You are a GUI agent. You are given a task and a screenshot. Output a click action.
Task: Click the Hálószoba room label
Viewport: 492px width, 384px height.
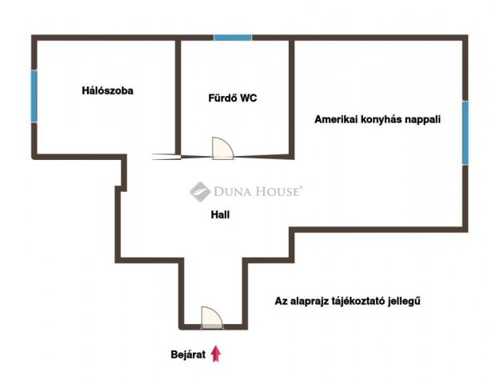(x=108, y=91)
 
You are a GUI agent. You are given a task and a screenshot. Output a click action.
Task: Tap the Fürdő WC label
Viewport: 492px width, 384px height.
(x=233, y=98)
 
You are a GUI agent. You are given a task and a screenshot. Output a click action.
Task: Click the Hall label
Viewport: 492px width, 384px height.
(x=220, y=214)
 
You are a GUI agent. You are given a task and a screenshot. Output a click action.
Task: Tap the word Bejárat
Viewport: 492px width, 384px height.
(x=188, y=354)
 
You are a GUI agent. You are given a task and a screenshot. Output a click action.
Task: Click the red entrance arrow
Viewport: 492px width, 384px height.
(x=216, y=354)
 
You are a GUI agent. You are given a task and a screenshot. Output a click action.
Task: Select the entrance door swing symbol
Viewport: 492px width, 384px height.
(x=212, y=318)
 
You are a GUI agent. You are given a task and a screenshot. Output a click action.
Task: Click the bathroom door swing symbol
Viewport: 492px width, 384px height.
(x=222, y=148)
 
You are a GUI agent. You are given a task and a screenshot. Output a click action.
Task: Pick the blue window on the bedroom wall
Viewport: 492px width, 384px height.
(x=34, y=96)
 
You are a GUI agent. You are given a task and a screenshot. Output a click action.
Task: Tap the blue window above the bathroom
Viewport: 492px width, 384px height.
(x=233, y=38)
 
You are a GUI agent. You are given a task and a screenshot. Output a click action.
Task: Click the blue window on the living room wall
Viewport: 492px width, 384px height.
(x=466, y=133)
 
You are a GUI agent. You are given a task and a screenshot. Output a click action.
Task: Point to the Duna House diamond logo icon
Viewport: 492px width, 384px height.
(x=200, y=191)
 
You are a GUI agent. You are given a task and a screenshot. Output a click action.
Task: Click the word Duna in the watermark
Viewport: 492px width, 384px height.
(x=232, y=191)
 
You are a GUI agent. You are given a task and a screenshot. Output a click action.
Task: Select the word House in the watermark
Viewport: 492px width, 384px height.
(x=278, y=191)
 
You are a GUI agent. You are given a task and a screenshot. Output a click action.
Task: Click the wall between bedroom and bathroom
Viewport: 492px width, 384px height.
(x=178, y=98)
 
